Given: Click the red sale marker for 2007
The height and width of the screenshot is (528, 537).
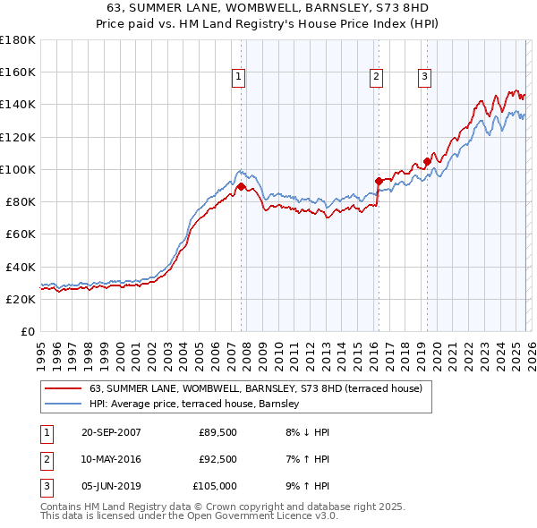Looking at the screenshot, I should point(241,187).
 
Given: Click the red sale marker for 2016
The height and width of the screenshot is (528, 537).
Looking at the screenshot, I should point(379,182).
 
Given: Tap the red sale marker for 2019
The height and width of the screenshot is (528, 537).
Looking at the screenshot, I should point(427,162).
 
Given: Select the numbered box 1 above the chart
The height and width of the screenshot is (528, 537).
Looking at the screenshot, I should point(239,78).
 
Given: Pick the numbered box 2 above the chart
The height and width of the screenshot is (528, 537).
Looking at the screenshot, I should point(377,78).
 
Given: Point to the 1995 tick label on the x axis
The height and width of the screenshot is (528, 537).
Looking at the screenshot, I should point(41,349).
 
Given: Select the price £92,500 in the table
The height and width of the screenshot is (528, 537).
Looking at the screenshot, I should point(218,459).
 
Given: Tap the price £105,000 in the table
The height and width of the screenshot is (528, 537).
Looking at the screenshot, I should point(216,486).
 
